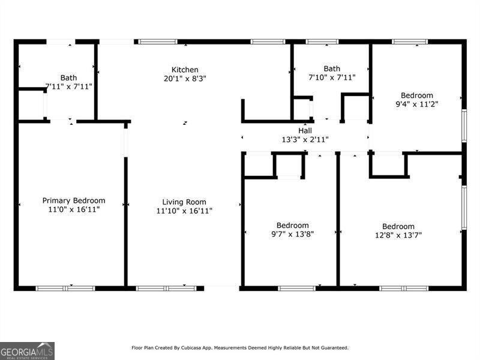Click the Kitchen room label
tap(185, 70)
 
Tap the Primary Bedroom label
tap(73, 200)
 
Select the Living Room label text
tap(184, 202)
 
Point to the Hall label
tap(305, 131)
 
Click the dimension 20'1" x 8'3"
tap(185, 79)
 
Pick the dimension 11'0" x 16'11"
tap(73, 210)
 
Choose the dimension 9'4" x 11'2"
tap(416, 104)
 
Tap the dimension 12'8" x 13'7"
tap(398, 235)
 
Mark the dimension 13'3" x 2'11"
tap(305, 139)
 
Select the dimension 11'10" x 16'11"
tap(184, 211)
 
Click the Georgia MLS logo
tap(27, 350)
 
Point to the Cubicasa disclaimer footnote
tap(240, 347)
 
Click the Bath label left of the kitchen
tap(68, 77)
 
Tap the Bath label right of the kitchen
tap(332, 68)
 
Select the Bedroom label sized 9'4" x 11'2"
tap(416, 95)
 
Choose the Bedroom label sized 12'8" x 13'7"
tap(398, 226)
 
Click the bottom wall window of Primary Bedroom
tap(65, 288)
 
